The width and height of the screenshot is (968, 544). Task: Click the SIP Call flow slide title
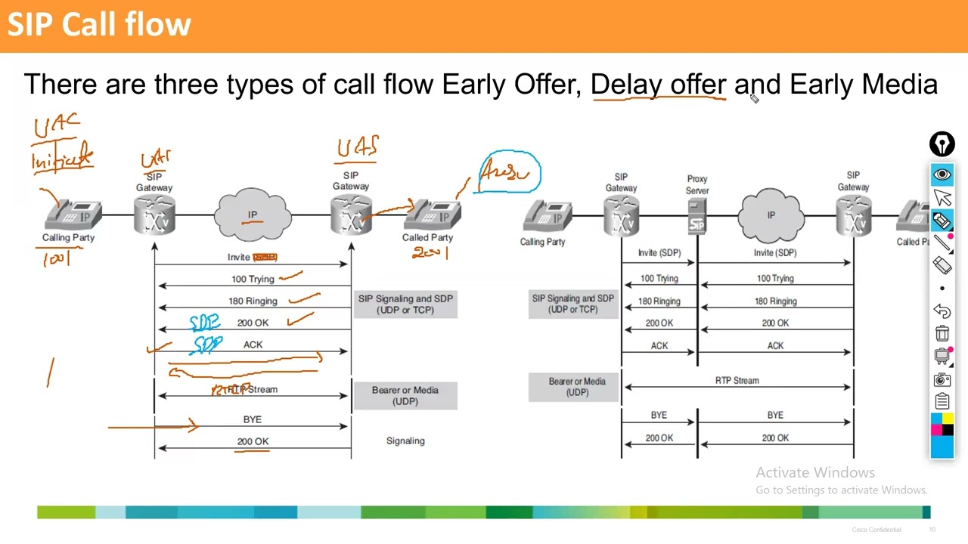[x=99, y=25]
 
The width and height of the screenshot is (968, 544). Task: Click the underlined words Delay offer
[x=658, y=85]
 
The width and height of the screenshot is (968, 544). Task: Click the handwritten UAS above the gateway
[x=358, y=147]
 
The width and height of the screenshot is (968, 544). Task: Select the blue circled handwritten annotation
[x=509, y=172]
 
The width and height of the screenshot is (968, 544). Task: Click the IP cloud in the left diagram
[x=253, y=216]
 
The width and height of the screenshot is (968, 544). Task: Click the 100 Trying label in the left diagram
[x=253, y=279]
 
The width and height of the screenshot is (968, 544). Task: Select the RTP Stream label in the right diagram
[x=737, y=381]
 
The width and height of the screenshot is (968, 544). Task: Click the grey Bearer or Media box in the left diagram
[x=405, y=395]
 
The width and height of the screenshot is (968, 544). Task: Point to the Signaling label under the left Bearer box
[x=405, y=440]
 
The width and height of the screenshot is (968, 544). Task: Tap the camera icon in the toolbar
[x=942, y=379]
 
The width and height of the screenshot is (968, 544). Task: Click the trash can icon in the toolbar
[x=942, y=333]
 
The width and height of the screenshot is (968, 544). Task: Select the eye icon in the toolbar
[x=942, y=175]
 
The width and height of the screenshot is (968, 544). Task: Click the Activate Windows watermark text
[x=815, y=472]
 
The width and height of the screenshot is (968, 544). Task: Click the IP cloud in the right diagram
[x=771, y=216]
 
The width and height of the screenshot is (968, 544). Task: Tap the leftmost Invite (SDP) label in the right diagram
[x=659, y=252]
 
